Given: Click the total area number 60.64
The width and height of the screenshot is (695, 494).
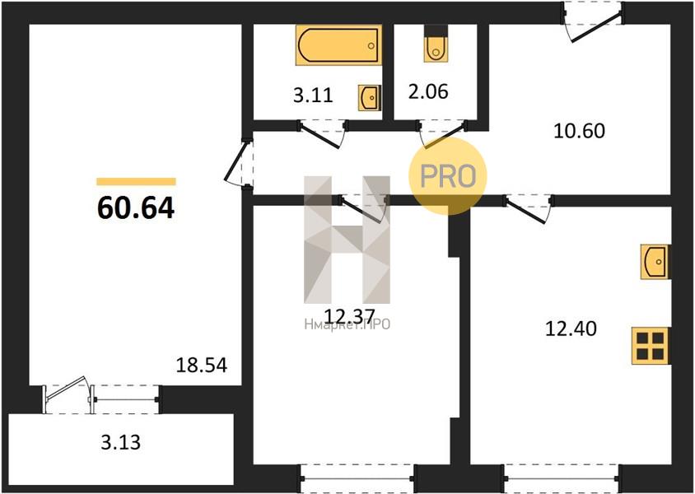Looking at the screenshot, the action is (x=136, y=207).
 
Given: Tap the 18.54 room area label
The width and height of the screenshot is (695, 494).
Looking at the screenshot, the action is (x=202, y=365).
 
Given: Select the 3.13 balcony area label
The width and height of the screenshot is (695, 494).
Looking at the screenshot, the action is (x=120, y=442).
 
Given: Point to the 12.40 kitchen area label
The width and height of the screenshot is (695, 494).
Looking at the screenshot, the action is (x=571, y=329).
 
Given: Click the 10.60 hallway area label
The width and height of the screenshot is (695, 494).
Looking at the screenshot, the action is (x=580, y=131).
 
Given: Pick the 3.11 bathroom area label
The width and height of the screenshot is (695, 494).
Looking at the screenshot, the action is (x=313, y=95).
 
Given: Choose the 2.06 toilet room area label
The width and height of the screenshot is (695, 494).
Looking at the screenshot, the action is (x=428, y=91).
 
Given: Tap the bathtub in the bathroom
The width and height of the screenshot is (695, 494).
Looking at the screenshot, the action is (x=338, y=45).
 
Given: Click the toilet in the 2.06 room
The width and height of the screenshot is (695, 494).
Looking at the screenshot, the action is (x=436, y=44).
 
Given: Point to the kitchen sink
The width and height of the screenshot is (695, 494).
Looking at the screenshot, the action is (x=655, y=262).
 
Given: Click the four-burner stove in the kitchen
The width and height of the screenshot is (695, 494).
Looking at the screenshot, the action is (x=651, y=346).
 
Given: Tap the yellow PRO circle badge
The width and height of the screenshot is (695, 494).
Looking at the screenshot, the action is (x=448, y=176).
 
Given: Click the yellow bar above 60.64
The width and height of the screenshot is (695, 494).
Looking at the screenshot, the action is (x=136, y=181).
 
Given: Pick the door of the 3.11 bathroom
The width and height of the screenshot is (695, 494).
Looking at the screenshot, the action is (x=323, y=133).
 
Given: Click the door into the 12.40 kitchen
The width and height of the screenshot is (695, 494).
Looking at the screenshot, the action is (x=529, y=208).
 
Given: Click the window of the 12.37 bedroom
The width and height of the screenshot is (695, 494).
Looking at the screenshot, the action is (x=357, y=478).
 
